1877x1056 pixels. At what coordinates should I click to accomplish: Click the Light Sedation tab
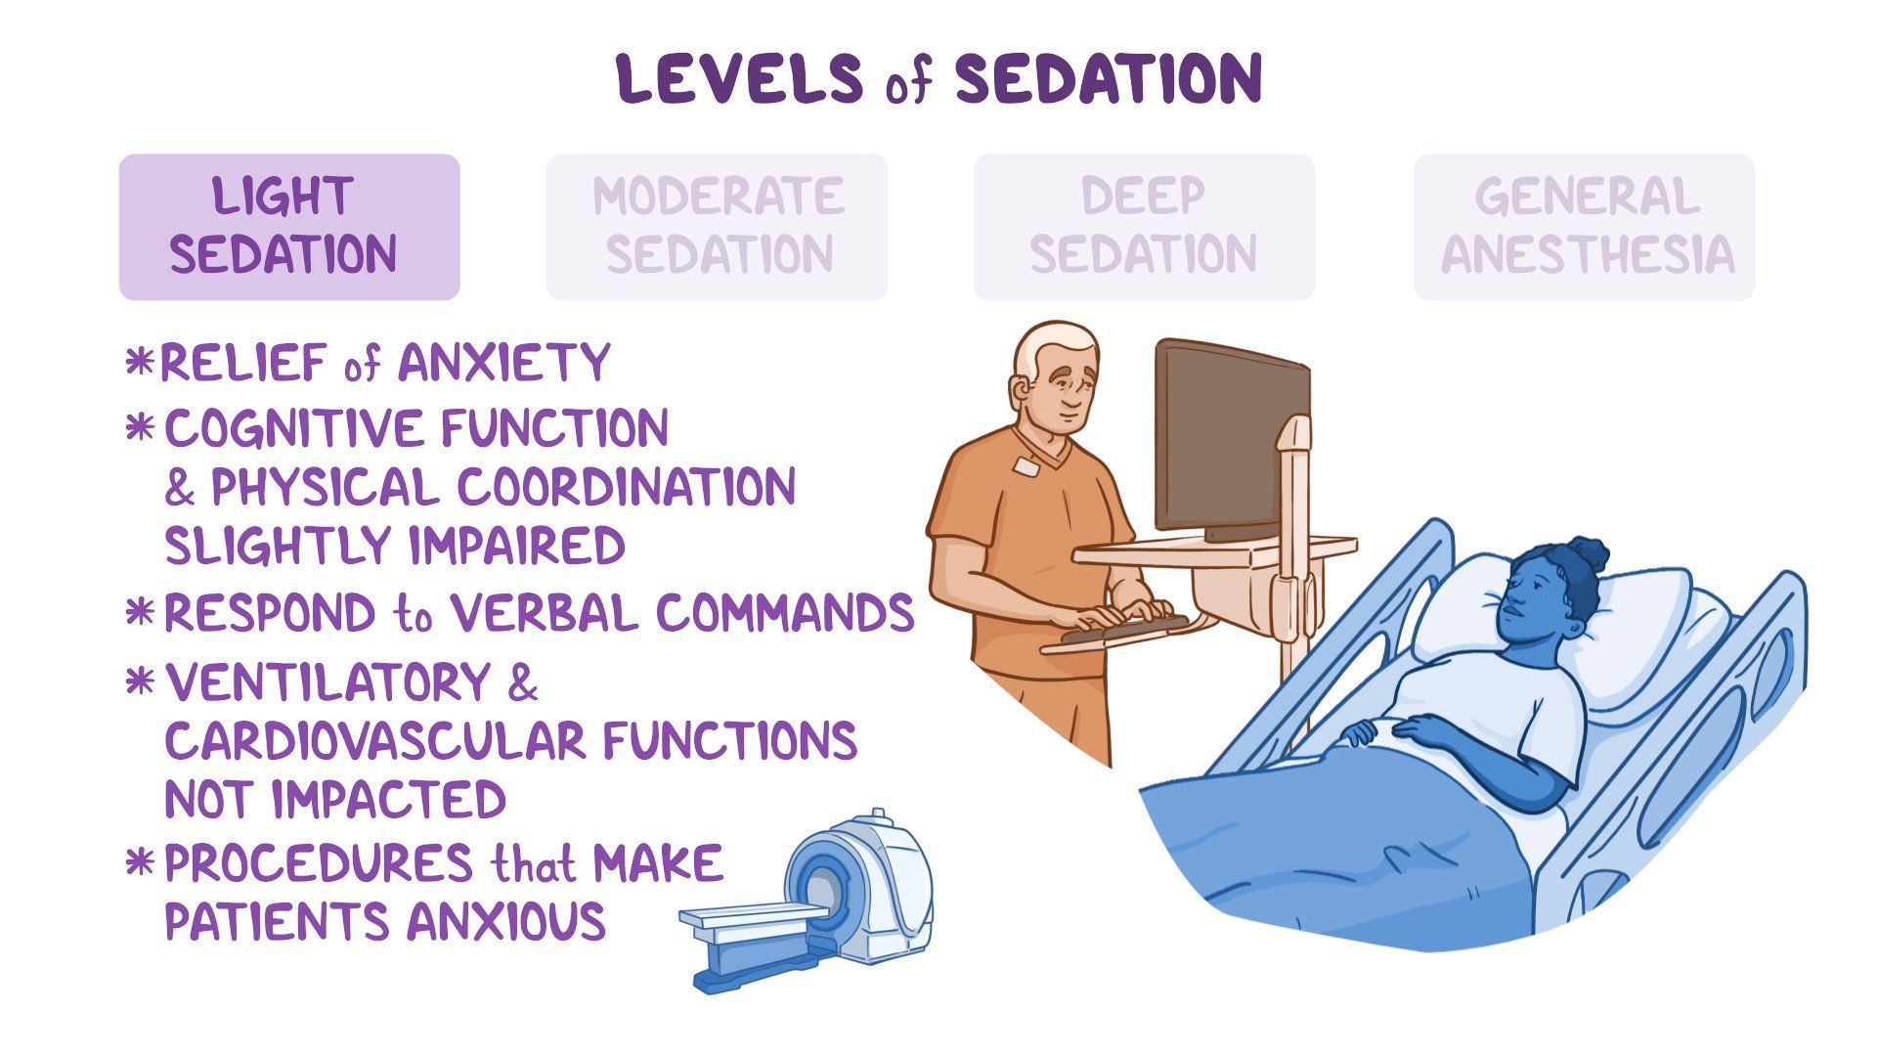tap(288, 227)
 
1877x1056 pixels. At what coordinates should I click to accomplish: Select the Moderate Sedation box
tap(717, 227)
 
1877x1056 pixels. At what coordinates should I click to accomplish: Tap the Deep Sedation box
tap(1143, 227)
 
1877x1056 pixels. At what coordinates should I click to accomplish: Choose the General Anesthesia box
tap(1584, 227)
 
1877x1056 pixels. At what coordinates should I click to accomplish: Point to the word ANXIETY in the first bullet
tap(503, 363)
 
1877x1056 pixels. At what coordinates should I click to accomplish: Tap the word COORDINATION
tap(626, 487)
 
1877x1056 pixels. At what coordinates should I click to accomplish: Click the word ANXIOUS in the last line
tap(506, 922)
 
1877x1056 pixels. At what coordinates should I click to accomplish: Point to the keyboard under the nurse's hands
tap(1124, 627)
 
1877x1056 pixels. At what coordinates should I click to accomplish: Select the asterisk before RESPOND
tap(141, 614)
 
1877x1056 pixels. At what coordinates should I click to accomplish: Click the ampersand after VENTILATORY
tap(523, 682)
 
